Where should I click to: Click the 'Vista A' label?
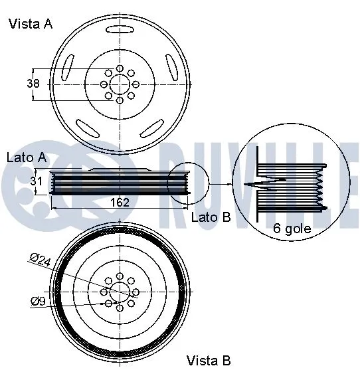(x=30, y=25)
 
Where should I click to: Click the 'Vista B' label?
(x=209, y=361)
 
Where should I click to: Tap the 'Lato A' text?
(x=26, y=158)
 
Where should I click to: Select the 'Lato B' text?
(x=211, y=217)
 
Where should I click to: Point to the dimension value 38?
(x=33, y=84)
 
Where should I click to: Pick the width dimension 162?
(x=119, y=203)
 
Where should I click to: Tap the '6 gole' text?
(x=292, y=229)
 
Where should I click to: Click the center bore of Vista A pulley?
(x=120, y=84)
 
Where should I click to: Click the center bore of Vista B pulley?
(x=120, y=291)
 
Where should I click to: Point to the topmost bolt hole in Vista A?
(x=120, y=68)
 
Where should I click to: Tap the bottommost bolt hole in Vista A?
(x=120, y=100)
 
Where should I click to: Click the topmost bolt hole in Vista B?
(x=120, y=275)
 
